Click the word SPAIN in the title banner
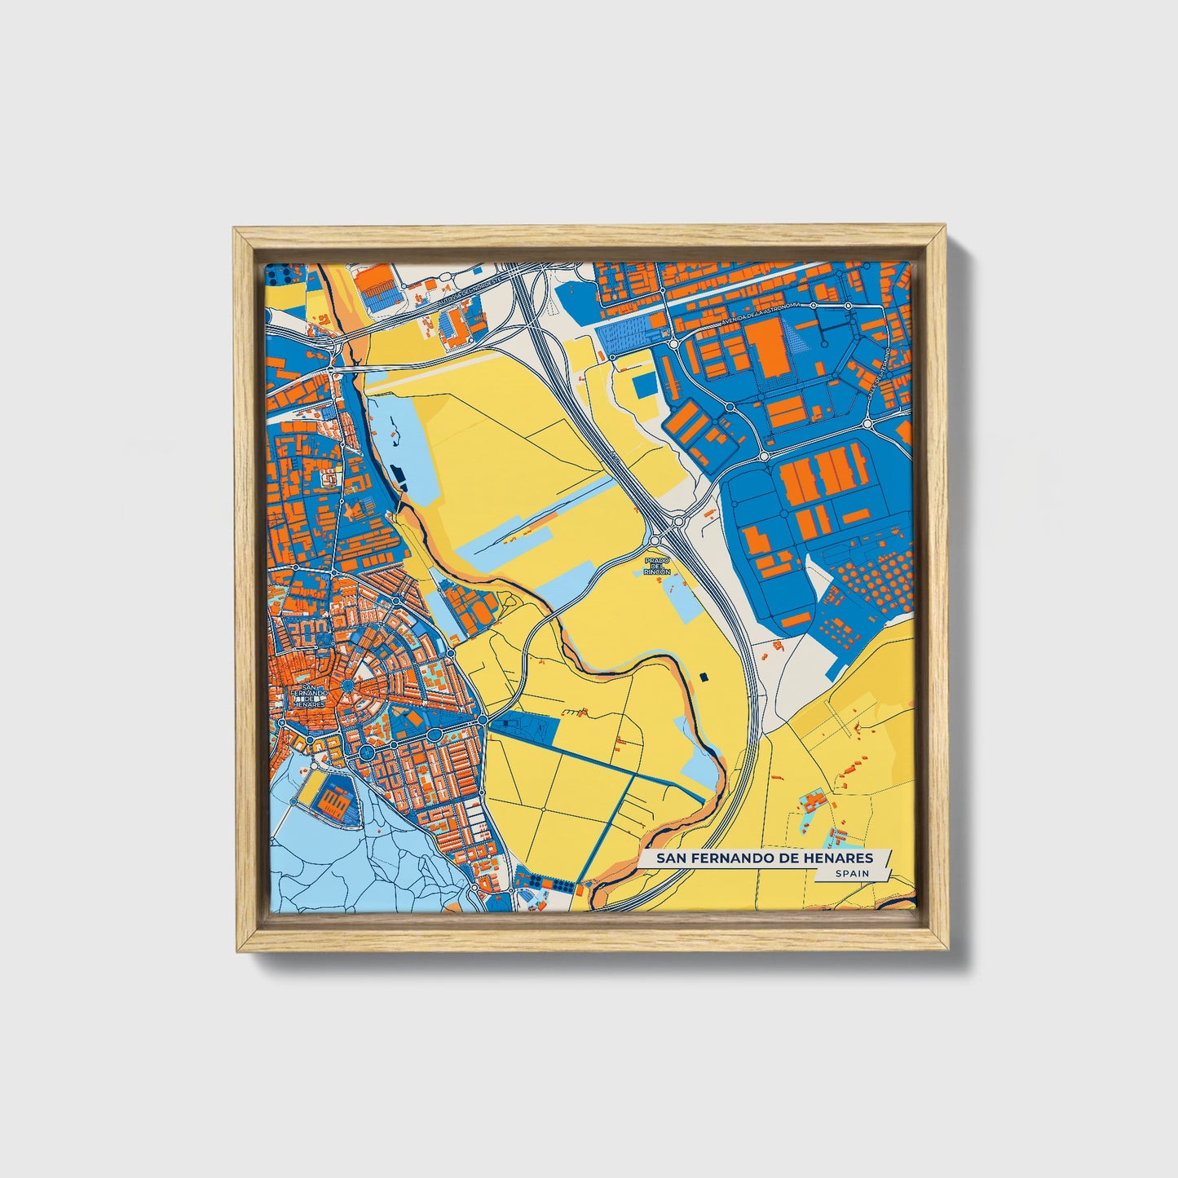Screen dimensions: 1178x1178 tap(852, 873)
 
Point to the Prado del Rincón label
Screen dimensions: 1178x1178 tap(657, 567)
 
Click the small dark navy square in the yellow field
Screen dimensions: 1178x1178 tap(703, 676)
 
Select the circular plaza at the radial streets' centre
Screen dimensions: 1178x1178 tap(350, 687)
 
